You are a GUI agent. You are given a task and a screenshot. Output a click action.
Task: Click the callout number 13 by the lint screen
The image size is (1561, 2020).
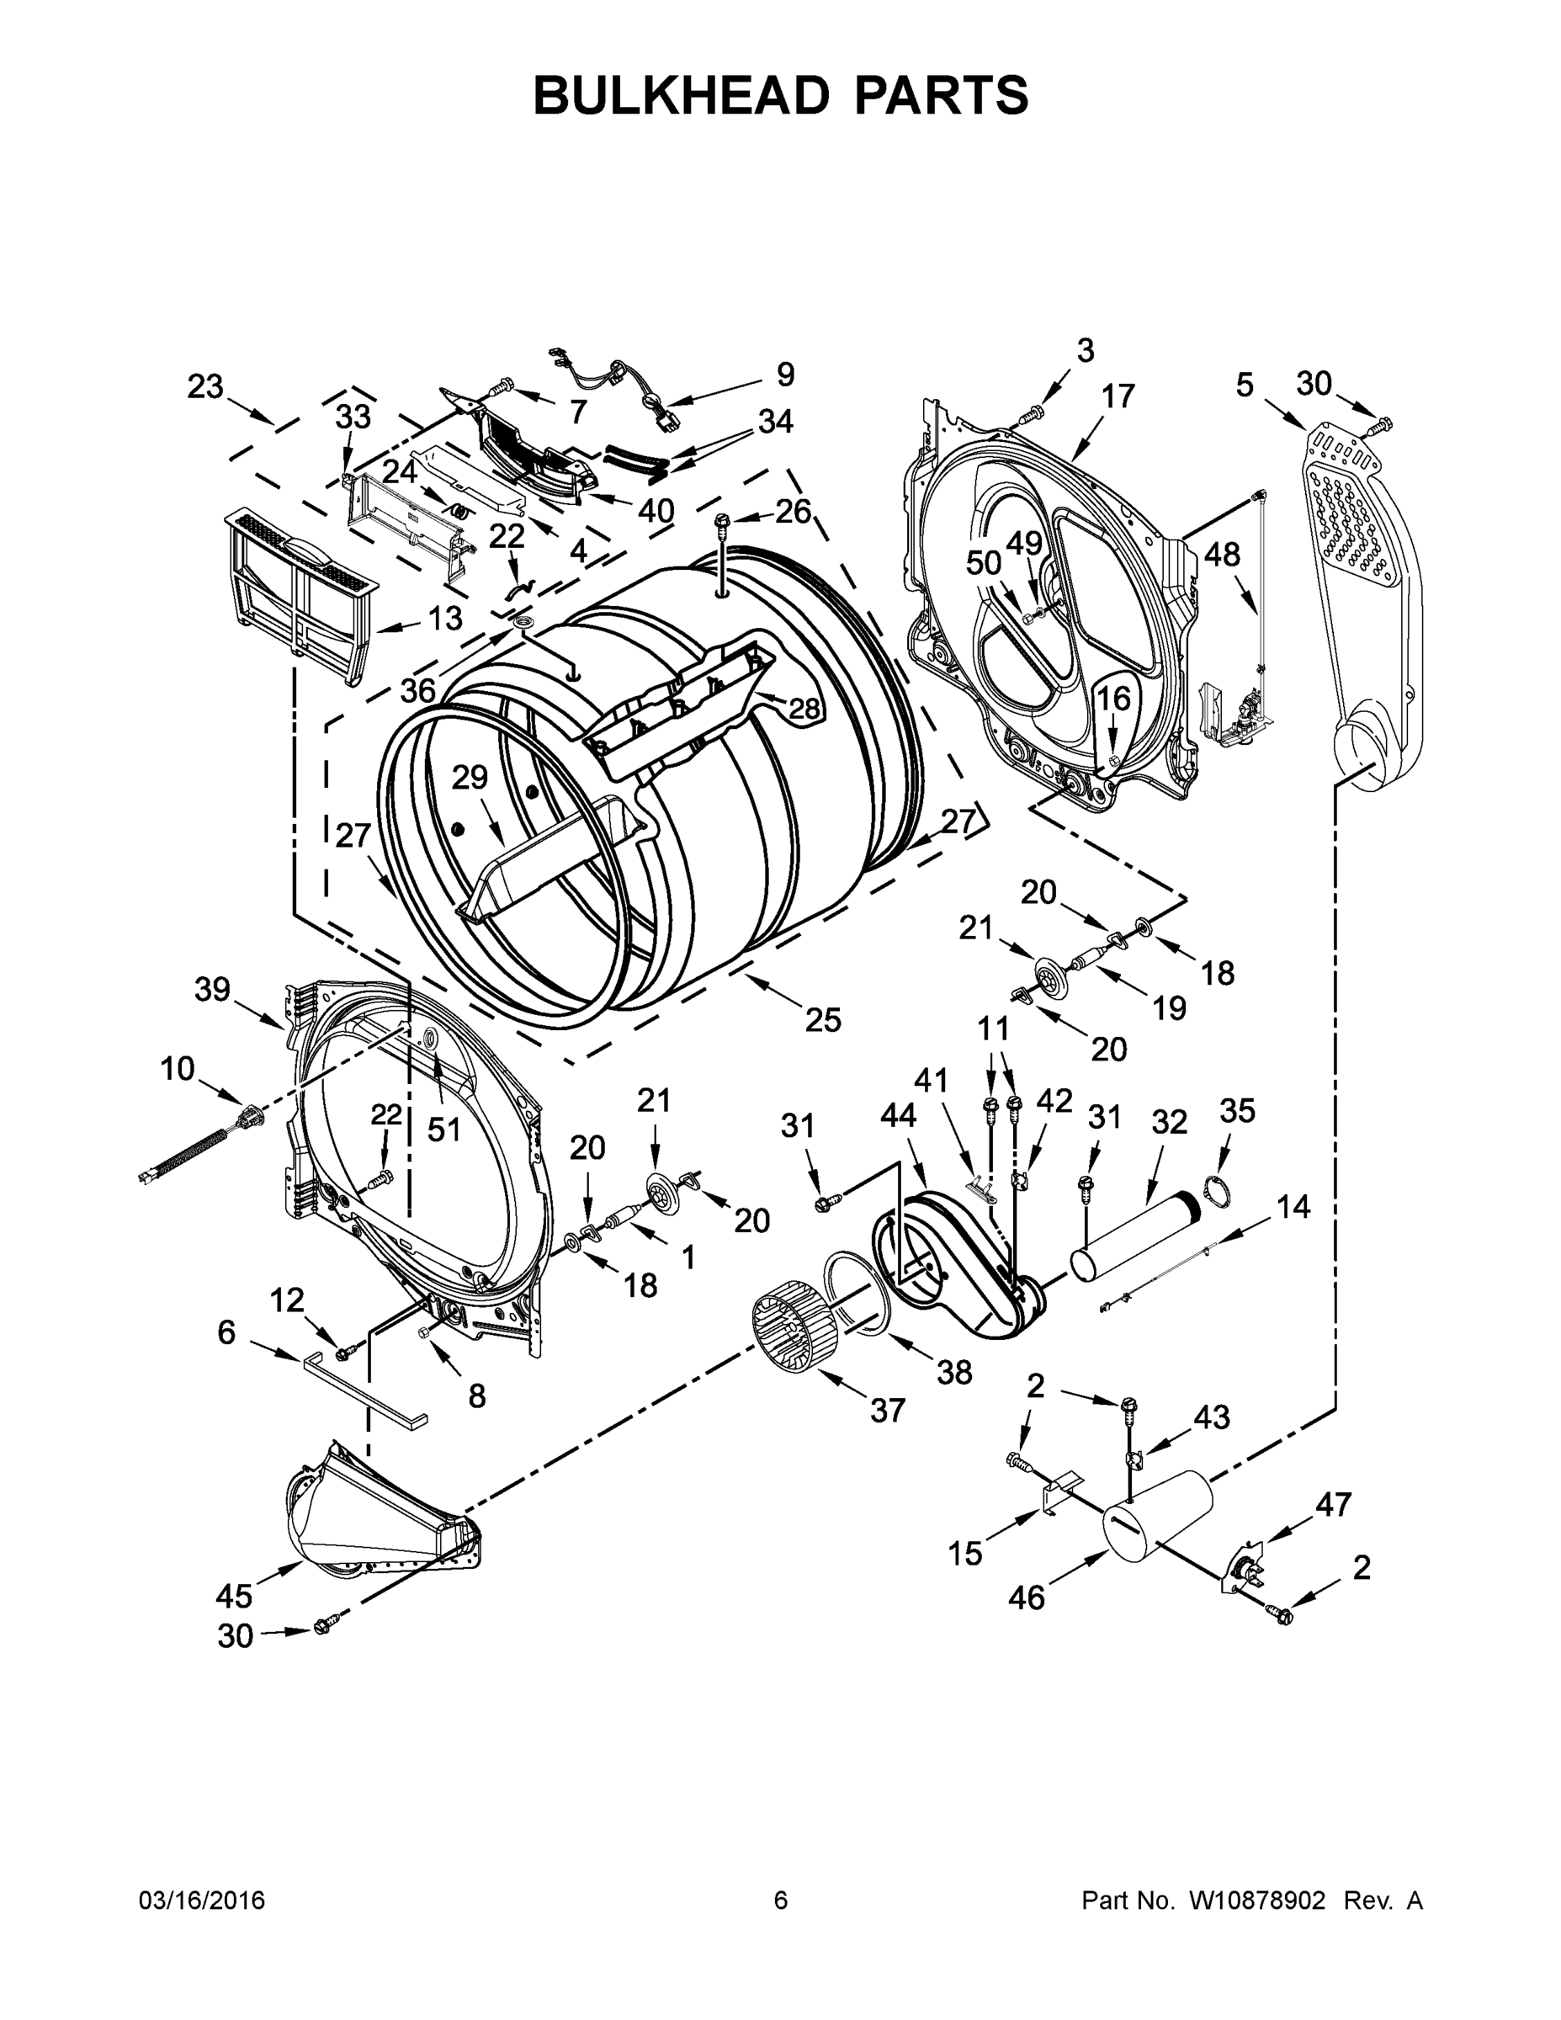(x=445, y=618)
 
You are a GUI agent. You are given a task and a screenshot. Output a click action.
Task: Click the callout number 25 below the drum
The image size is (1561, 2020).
(x=822, y=1019)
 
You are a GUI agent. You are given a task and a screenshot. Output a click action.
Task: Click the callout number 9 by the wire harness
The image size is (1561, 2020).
(x=784, y=374)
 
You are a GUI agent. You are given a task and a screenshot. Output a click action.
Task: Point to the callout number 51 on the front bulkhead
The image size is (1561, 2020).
(x=443, y=1130)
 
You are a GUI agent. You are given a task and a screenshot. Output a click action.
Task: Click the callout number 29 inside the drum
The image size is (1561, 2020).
(x=469, y=777)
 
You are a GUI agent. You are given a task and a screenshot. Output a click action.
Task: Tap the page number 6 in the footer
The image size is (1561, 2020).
(x=781, y=1900)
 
